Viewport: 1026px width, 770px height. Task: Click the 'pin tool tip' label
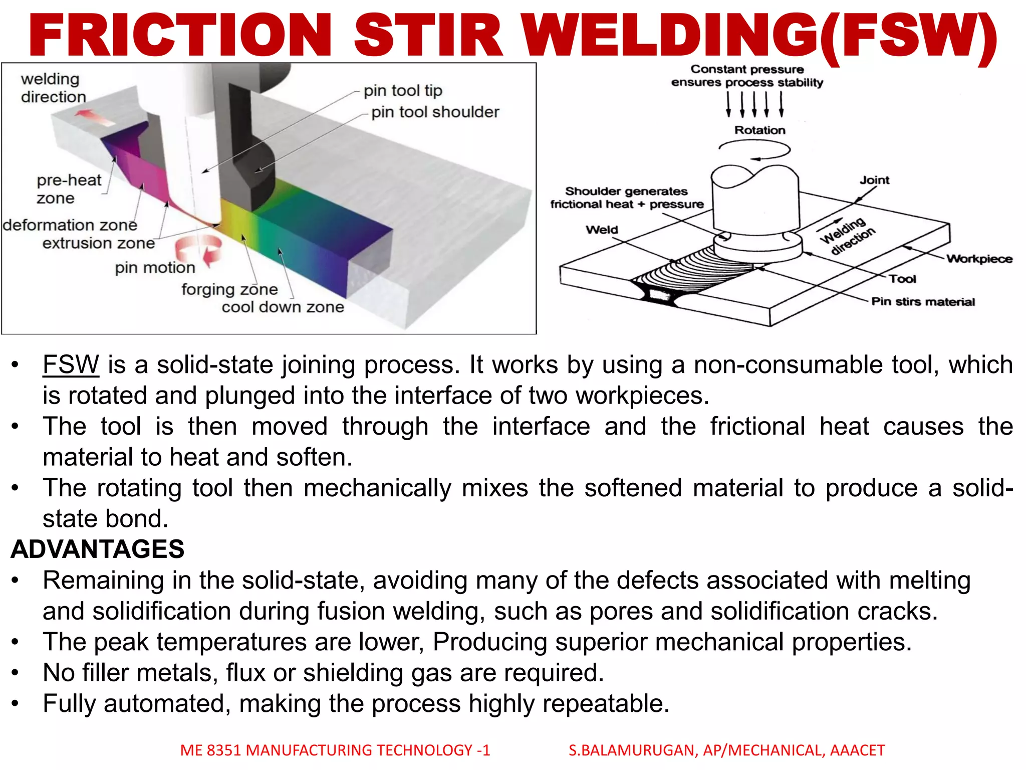(x=403, y=91)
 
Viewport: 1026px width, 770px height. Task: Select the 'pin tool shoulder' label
(x=435, y=112)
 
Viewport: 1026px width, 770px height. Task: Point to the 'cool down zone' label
(x=283, y=307)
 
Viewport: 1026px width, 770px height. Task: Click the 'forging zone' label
(x=229, y=289)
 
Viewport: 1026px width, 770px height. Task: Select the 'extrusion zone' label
(x=99, y=243)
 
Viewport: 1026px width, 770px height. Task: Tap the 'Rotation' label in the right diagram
(x=759, y=130)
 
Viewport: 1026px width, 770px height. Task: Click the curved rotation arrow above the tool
(x=755, y=149)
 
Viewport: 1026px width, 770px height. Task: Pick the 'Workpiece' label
(x=979, y=259)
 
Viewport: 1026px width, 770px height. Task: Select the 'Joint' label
(x=874, y=180)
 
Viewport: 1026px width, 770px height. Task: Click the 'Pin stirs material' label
(x=923, y=302)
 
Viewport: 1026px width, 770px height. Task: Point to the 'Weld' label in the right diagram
(x=602, y=230)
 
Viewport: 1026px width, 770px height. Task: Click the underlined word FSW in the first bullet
(x=71, y=364)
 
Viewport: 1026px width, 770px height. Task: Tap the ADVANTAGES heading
(x=98, y=549)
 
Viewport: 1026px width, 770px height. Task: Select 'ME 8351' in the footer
(x=211, y=750)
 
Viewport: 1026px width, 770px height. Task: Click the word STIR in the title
(x=428, y=36)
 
